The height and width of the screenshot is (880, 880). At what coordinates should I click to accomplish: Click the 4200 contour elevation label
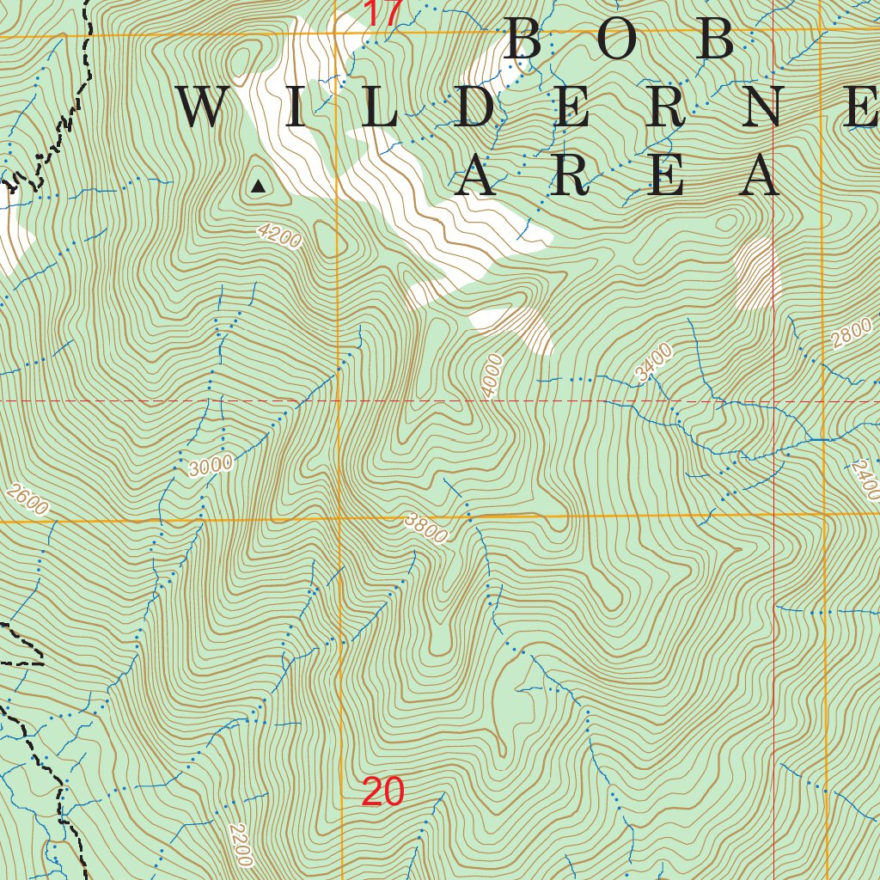pyautogui.click(x=280, y=236)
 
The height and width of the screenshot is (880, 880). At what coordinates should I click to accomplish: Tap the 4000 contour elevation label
pyautogui.click(x=492, y=376)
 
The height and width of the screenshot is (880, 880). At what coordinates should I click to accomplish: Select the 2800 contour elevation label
pyautogui.click(x=852, y=333)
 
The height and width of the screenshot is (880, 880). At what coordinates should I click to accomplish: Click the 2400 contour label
pyautogui.click(x=866, y=480)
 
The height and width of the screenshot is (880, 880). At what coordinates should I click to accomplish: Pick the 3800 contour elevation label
pyautogui.click(x=427, y=529)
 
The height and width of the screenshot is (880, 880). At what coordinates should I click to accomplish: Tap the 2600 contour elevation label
pyautogui.click(x=27, y=499)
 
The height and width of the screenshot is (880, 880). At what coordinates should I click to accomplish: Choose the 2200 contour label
pyautogui.click(x=241, y=845)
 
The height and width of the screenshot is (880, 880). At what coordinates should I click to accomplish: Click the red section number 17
pyautogui.click(x=382, y=13)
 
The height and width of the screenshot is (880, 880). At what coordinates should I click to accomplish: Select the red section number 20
pyautogui.click(x=382, y=791)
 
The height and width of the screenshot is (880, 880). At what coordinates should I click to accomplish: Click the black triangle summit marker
pyautogui.click(x=258, y=185)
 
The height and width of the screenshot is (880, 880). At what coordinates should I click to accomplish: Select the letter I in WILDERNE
pyautogui.click(x=295, y=109)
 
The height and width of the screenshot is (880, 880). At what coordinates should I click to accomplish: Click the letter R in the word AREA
pyautogui.click(x=570, y=176)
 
